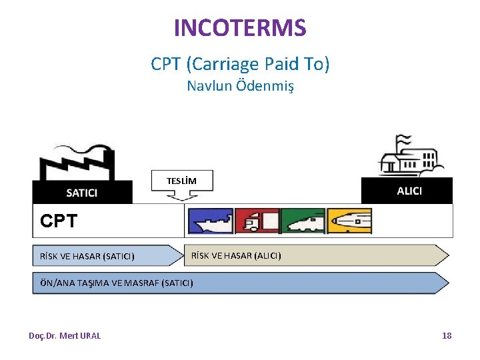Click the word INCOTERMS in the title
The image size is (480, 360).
pos(240,28)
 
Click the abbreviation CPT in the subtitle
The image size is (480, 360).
pos(167,64)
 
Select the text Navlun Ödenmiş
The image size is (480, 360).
pos(240,86)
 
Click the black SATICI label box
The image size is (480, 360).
pos(82,193)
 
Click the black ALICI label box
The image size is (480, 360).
pos(408,191)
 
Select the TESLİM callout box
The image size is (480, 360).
pos(181,181)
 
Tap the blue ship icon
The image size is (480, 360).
pos(210,221)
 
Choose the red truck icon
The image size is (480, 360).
pos(257,221)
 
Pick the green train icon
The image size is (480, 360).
pos(303,221)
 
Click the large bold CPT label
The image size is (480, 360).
pos(59,221)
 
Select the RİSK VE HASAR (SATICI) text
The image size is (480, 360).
pos(87,256)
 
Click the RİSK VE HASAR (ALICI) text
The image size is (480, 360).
pos(236,255)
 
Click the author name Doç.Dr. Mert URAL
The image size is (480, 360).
pos(65,336)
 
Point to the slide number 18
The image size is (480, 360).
pos(447,336)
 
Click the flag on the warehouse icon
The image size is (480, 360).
pos(403,141)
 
